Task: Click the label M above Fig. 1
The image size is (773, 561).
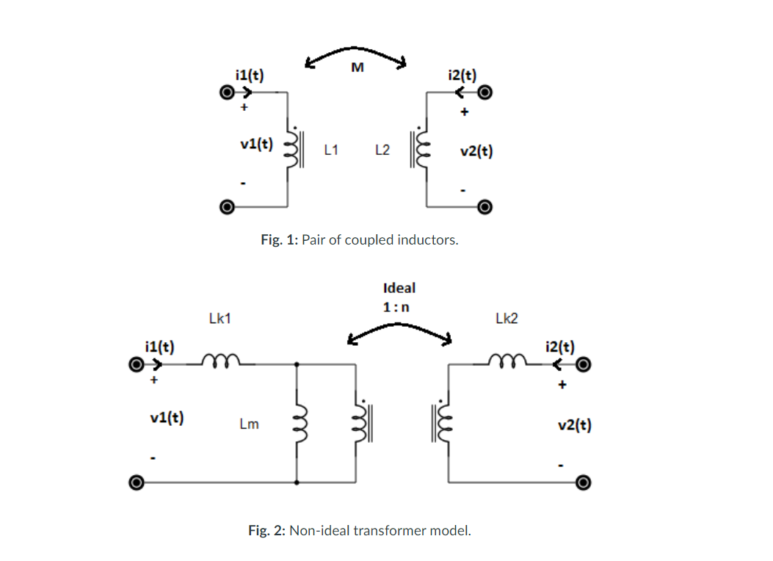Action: (358, 68)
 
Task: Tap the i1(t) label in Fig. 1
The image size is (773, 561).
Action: (250, 75)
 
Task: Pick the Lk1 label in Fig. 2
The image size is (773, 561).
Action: (220, 319)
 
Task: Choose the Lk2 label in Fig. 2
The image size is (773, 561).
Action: (507, 319)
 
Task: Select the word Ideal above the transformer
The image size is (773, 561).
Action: (399, 288)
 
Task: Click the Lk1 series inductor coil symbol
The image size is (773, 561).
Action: (217, 360)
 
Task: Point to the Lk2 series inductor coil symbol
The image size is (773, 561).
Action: (507, 360)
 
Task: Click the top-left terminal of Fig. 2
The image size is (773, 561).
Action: (135, 364)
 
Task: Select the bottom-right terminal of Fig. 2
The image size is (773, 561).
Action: (583, 482)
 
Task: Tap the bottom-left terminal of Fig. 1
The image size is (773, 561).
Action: (228, 208)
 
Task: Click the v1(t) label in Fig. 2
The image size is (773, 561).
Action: (167, 419)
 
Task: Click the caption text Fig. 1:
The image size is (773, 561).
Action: (279, 240)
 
